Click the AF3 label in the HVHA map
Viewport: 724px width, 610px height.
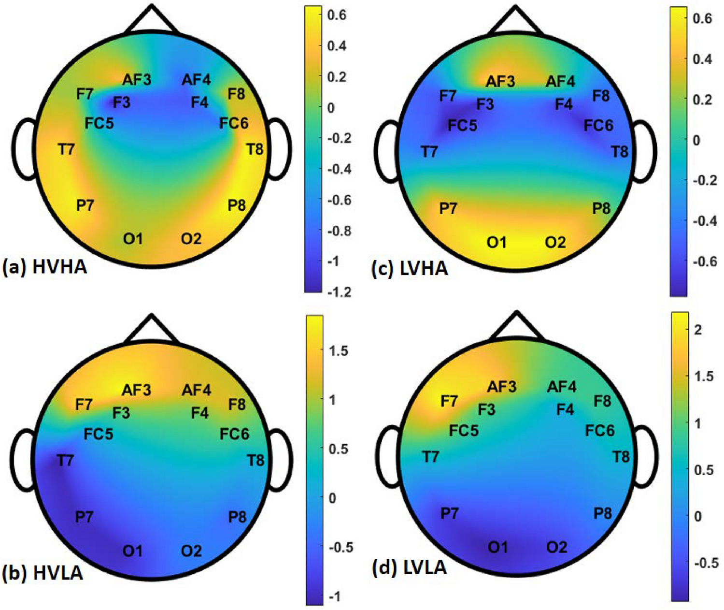pos(137,79)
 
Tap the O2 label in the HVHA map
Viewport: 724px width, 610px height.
pos(191,238)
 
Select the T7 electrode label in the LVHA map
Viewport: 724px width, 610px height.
pos(429,152)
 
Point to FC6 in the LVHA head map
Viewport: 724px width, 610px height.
pos(598,126)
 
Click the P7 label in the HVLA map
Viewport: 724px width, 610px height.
pos(84,517)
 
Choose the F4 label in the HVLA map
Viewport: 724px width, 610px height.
pos(199,413)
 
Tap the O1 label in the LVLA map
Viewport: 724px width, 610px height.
pos(497,547)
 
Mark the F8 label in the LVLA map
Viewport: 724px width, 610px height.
pos(602,401)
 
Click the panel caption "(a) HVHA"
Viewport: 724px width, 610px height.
pos(45,267)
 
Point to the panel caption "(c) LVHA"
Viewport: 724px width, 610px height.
pos(410,268)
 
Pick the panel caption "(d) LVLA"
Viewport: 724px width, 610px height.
pos(409,568)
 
